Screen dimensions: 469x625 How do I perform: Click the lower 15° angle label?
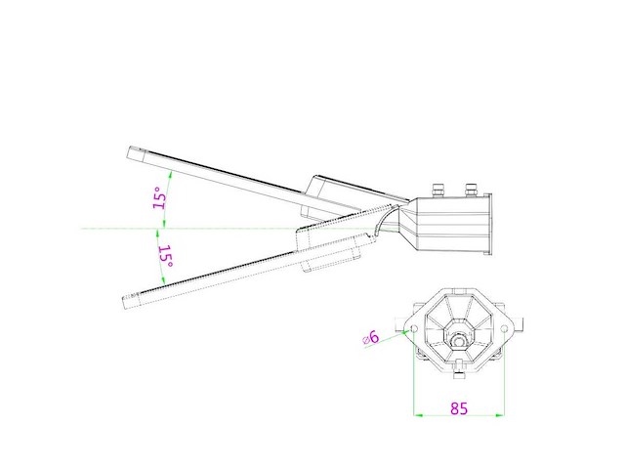click(x=165, y=257)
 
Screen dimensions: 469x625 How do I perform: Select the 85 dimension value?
click(x=458, y=408)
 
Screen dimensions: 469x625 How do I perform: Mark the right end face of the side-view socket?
click(x=491, y=225)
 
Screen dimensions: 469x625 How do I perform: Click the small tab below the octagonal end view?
click(x=458, y=377)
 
